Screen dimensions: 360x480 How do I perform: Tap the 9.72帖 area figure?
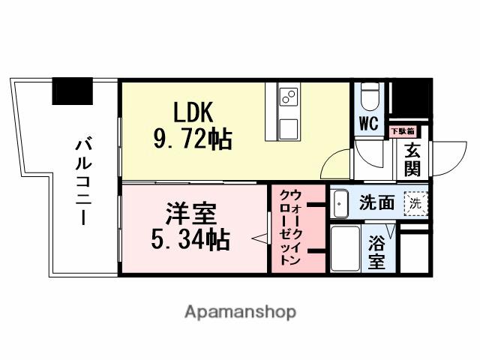(x=193, y=139)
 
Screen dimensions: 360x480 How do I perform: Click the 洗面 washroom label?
(x=376, y=202)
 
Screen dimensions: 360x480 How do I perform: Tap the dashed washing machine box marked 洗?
(x=414, y=202)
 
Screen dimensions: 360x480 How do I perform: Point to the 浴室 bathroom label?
(x=376, y=253)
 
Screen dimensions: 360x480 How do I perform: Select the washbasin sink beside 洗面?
(x=340, y=202)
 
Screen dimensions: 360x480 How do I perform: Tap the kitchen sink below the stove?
(x=289, y=124)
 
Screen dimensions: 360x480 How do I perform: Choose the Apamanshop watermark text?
(x=240, y=311)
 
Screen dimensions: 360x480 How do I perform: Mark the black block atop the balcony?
(x=73, y=91)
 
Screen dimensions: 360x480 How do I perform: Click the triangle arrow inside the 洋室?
(x=258, y=239)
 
